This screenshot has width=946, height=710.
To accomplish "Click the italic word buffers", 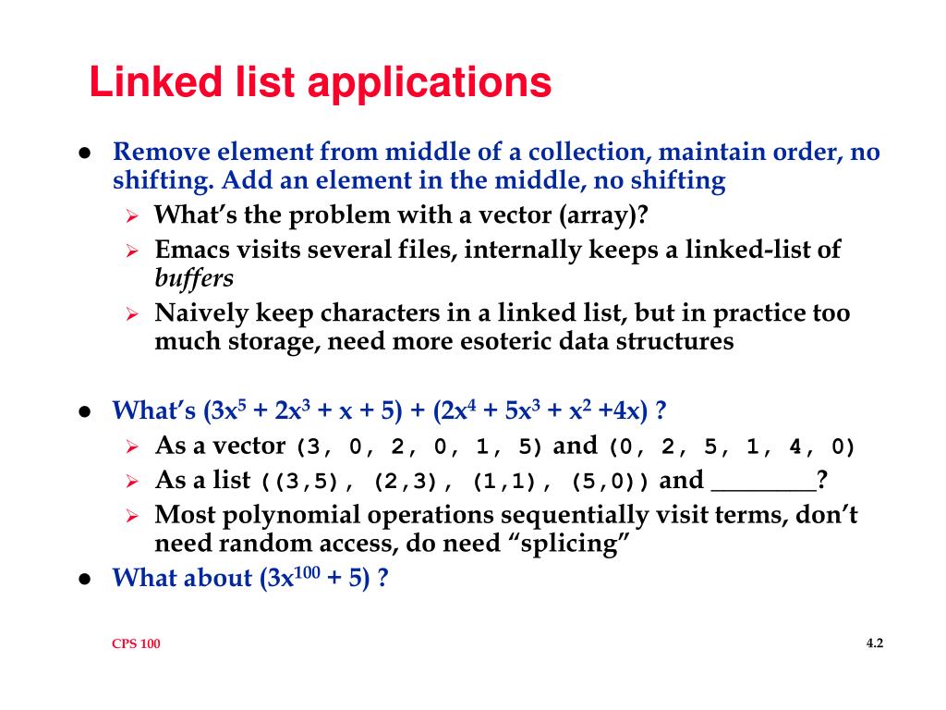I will tap(193, 277).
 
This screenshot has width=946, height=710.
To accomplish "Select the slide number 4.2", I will tap(875, 643).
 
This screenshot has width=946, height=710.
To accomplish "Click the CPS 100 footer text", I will tap(136, 644).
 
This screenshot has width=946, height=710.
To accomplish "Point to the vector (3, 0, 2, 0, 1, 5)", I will tap(418, 448).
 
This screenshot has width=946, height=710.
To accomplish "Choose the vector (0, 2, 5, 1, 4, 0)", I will tap(732, 448).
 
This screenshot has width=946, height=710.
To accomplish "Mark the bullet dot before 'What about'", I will tap(84, 579).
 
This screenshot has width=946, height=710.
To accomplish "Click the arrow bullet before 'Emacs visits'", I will tap(132, 251).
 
